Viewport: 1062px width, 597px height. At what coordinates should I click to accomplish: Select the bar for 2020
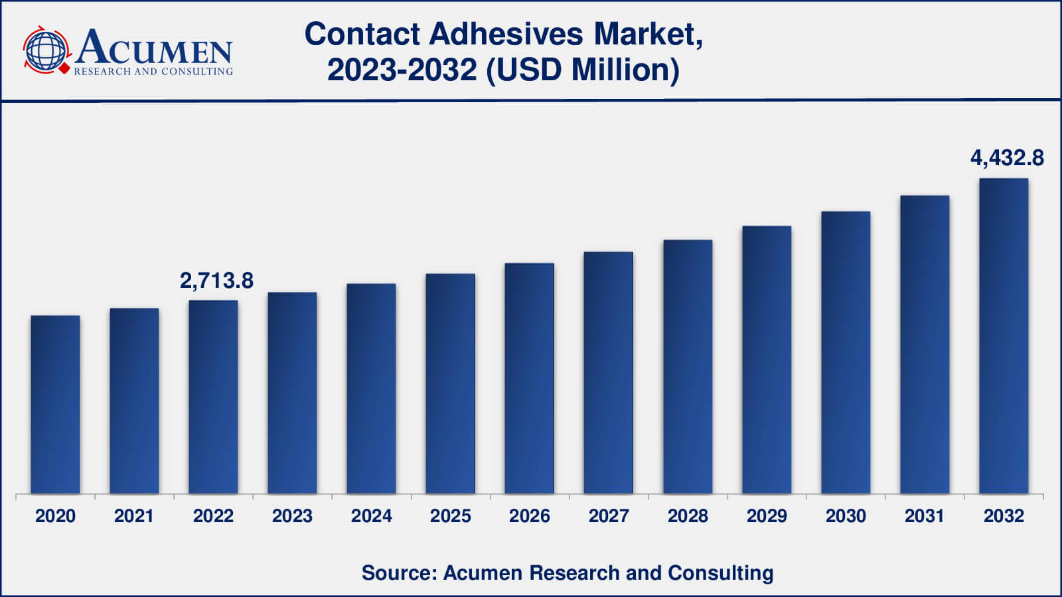tap(55, 405)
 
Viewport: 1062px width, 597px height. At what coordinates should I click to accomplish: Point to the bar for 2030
tap(846, 352)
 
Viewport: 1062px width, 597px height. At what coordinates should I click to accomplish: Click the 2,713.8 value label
tap(216, 281)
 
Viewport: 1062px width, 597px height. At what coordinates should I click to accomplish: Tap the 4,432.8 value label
tap(1007, 158)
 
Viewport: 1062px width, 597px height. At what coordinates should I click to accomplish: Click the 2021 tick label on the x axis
tap(134, 516)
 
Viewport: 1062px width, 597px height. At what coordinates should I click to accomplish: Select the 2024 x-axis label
tap(371, 516)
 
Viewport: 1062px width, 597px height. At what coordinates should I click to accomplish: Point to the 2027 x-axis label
tap(609, 516)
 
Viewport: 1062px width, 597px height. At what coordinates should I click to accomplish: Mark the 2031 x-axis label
tap(925, 516)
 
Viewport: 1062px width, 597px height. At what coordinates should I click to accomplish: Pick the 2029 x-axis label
tap(767, 516)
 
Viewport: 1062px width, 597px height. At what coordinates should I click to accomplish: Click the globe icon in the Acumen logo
tap(46, 50)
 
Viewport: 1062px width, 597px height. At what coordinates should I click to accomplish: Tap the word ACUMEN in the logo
tap(154, 48)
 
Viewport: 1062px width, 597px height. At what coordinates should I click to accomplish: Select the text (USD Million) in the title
tap(583, 70)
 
